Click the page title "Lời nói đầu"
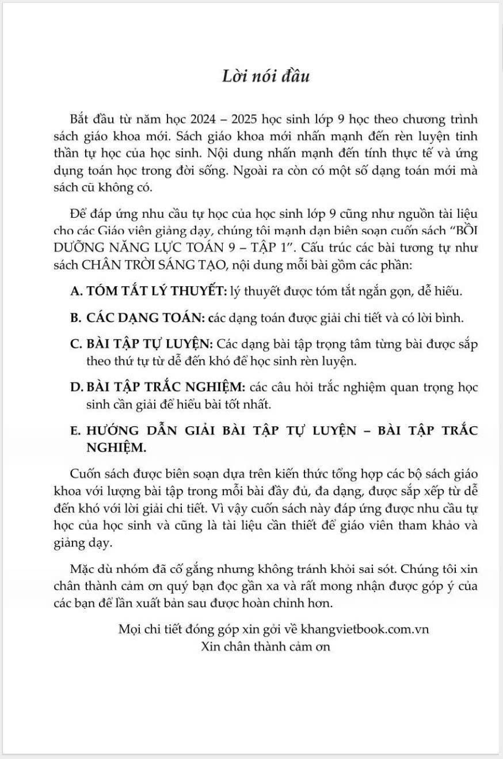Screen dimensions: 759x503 [266, 76]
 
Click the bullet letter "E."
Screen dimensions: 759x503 [75, 430]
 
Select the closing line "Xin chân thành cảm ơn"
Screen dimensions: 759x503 [266, 646]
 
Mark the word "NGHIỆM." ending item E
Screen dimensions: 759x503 [115, 447]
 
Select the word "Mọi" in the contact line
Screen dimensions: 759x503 [128, 629]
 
